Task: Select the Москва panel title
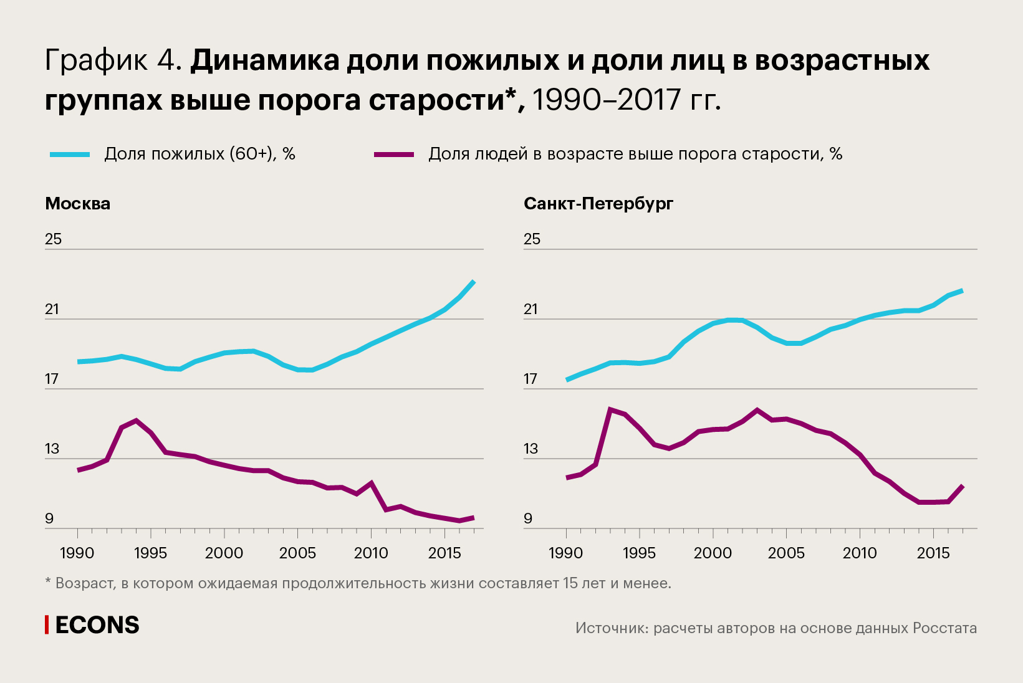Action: (77, 204)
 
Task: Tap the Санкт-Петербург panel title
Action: (598, 204)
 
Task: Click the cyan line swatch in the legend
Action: (70, 155)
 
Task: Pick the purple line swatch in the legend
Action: (393, 155)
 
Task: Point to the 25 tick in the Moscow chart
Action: (54, 239)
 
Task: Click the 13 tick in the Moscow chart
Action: (52, 449)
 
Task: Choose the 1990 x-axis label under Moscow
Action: (77, 553)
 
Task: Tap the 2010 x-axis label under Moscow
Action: (371, 553)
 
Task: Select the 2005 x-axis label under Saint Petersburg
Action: (786, 553)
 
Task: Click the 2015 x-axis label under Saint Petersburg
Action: (933, 553)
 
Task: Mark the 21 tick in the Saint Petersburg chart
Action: (531, 309)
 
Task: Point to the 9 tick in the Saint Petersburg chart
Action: (528, 518)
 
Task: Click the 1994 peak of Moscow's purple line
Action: (137, 421)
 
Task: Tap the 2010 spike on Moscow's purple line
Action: (372, 483)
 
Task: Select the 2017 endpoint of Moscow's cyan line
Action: (474, 282)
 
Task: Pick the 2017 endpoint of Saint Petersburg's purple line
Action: (963, 486)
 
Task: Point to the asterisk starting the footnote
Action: (48, 582)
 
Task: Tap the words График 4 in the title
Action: (112, 61)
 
